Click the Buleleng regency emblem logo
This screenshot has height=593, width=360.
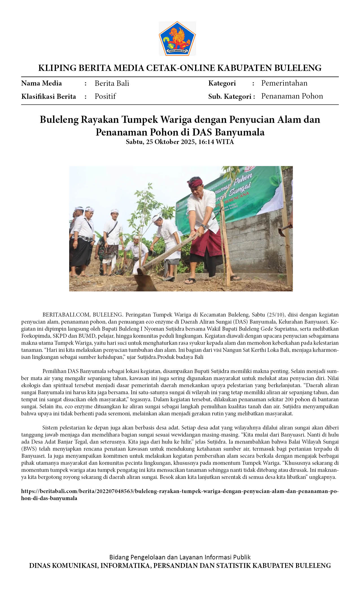point(177,38)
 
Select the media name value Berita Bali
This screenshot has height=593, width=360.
point(112,83)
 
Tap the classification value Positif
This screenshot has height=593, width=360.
point(105,96)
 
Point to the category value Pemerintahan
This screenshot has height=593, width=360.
point(284,83)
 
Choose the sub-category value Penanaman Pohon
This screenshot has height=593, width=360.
point(292,96)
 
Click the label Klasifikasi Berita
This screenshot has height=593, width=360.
point(49,97)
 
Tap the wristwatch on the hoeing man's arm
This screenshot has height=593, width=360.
point(203,226)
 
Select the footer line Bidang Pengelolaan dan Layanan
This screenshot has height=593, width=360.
point(180,557)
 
